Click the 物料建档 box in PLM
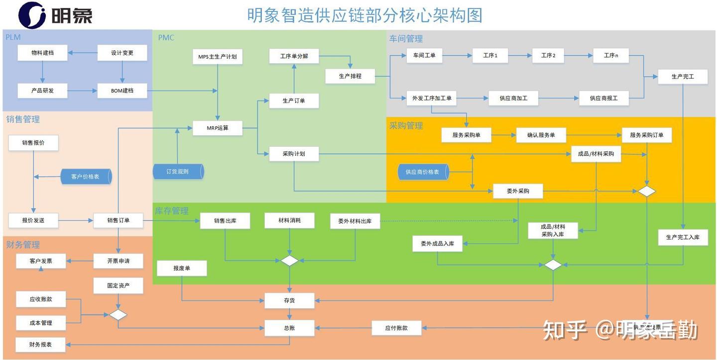point(42,53)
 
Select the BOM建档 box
point(122,91)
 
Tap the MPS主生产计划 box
point(218,57)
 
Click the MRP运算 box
point(218,128)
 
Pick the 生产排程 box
point(350,76)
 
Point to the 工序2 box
point(548,55)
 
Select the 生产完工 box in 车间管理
point(682,77)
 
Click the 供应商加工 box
point(513,98)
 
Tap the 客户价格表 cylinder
point(86,177)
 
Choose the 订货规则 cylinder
point(178,172)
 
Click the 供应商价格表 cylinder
point(423,172)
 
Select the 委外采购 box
point(518,191)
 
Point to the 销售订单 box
point(118,220)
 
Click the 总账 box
point(289,328)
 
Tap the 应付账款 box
point(396,328)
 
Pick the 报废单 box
point(182,268)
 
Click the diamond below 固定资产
point(118,315)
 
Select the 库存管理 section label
point(172,211)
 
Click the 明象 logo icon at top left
point(32,15)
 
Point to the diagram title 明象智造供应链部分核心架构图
point(364,15)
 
